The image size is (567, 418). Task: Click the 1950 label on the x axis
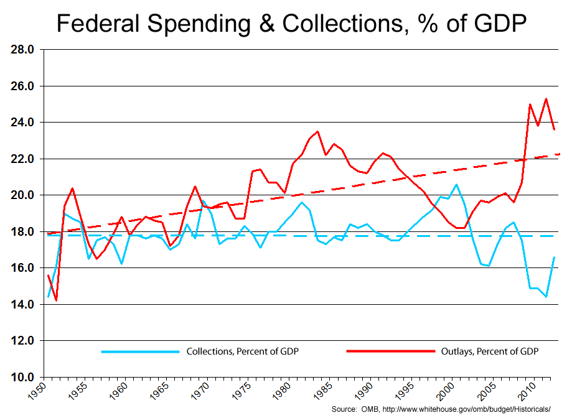tap(39, 391)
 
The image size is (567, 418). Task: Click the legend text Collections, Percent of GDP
tap(242, 351)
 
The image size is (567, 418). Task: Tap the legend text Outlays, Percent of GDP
tap(490, 351)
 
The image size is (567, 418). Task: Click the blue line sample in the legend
tap(140, 351)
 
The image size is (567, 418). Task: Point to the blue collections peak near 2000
tap(457, 184)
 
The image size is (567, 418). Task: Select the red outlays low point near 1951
tap(57, 300)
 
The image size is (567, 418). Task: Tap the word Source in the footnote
tap(344, 409)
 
